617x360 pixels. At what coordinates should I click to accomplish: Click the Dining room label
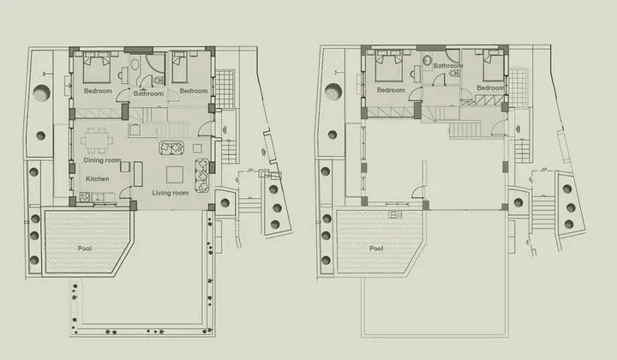point(102,160)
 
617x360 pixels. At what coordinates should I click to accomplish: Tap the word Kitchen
point(97,178)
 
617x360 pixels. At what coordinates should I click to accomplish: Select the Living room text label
point(171,193)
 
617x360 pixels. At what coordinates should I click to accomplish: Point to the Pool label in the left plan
point(85,249)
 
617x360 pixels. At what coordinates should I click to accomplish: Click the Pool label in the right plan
point(376,249)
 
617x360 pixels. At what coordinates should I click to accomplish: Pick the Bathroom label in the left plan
point(148,93)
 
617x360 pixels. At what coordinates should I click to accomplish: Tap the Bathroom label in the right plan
point(448,66)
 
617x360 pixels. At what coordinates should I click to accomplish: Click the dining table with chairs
point(97,140)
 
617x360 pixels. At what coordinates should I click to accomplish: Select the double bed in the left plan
point(96,67)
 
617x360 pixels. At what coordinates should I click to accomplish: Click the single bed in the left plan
point(180,67)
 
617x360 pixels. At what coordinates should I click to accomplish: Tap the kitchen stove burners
point(85,197)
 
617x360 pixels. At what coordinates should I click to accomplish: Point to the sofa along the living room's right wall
point(202,175)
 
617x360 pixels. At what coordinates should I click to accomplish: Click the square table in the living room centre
point(175,175)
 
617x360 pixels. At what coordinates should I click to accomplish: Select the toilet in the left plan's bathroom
point(159,81)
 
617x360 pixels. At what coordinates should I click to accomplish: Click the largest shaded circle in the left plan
point(42,93)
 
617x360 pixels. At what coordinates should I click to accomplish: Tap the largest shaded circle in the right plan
point(333,92)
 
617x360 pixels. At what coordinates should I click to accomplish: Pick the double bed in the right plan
point(389,67)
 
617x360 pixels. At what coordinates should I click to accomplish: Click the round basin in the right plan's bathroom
point(428,61)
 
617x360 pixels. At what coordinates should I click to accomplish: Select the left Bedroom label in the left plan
point(98,91)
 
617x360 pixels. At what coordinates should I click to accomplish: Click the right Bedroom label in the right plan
point(490,87)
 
